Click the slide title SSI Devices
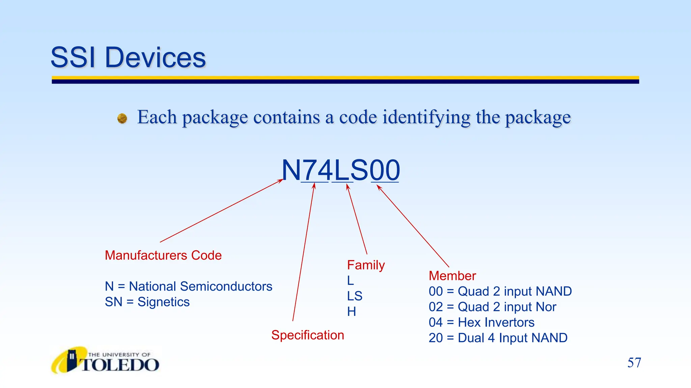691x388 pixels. [x=128, y=58]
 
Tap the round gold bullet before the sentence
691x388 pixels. [x=122, y=119]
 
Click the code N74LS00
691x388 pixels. [x=341, y=170]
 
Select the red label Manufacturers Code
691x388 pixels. [x=163, y=255]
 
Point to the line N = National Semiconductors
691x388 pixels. [x=188, y=286]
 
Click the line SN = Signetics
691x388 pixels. [x=147, y=302]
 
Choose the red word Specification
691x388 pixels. [x=308, y=335]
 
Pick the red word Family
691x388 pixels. [x=366, y=265]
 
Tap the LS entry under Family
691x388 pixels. [x=355, y=296]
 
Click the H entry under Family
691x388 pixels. [x=352, y=312]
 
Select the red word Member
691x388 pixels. [x=452, y=276]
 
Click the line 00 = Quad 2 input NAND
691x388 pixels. [x=500, y=291]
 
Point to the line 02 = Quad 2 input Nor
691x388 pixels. [x=492, y=307]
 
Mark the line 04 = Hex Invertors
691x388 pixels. [x=481, y=322]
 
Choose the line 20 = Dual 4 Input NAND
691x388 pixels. [x=498, y=338]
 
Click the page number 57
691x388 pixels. [x=634, y=363]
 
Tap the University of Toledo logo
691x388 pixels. [x=105, y=361]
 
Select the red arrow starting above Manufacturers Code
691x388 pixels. [x=221, y=211]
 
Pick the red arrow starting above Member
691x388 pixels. [x=413, y=226]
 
